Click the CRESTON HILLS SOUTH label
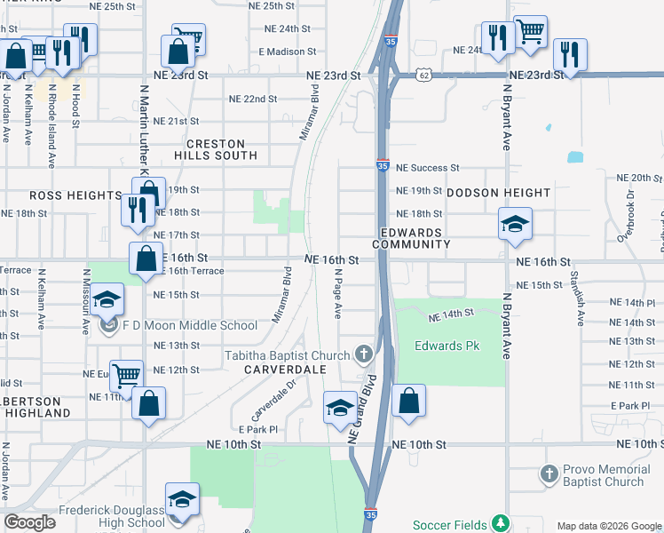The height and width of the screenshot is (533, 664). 221,148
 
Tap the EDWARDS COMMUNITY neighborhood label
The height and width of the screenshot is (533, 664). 411,238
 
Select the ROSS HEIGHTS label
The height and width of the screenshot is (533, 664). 75,195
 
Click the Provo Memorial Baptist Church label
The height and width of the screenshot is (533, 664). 604,475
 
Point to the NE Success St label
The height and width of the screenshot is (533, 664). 427,167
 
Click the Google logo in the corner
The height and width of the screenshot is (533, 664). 30,522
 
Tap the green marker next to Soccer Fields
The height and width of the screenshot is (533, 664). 502,522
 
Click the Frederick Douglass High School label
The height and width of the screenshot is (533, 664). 112,517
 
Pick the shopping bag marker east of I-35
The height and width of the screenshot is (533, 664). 408,402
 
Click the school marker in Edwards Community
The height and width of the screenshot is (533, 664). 515,226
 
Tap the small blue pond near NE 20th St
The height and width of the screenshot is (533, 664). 575,157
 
